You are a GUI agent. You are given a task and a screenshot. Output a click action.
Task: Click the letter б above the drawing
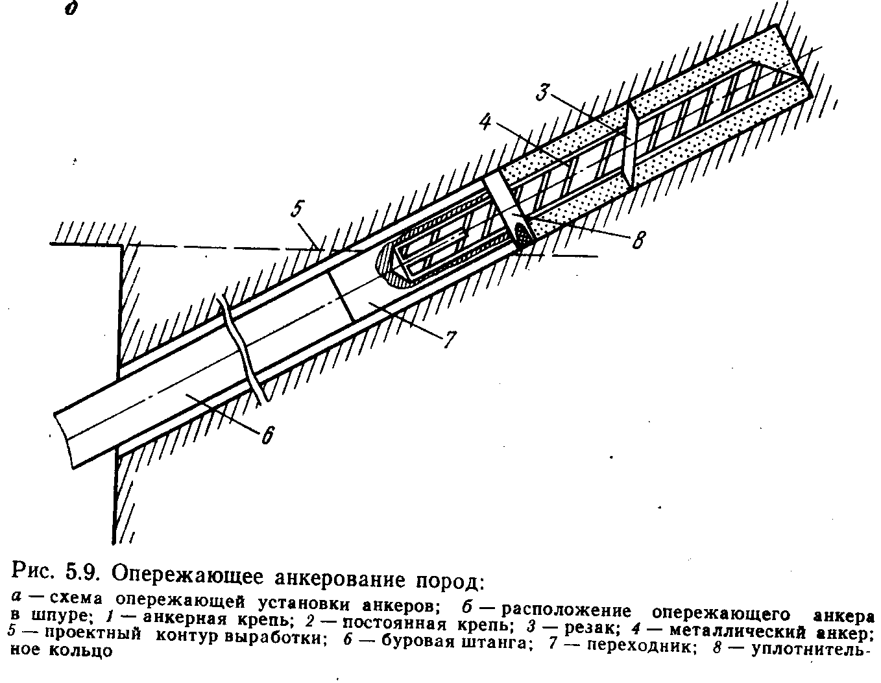[x=68, y=11]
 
